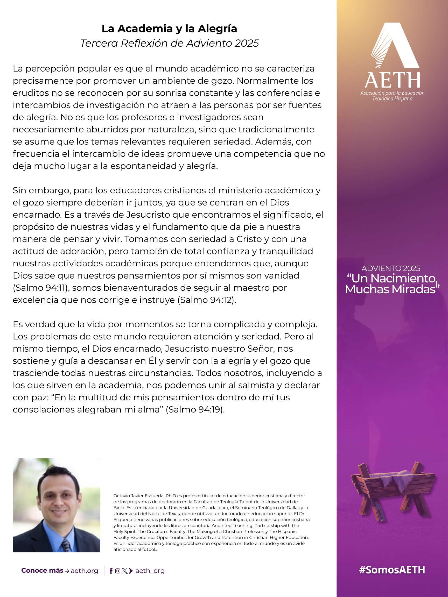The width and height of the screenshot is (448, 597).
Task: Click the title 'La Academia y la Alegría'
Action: coord(169,29)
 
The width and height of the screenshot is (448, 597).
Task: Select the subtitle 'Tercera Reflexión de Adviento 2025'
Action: coord(169,43)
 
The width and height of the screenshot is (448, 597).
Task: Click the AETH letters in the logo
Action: coord(392,80)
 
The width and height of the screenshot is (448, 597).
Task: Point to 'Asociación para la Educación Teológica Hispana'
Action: coord(392,96)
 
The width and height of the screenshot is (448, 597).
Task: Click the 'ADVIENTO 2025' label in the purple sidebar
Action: coord(391,268)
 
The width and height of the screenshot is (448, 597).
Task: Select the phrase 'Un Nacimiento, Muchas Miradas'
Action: coord(392,284)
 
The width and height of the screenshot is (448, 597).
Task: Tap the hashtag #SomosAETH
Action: coord(392,570)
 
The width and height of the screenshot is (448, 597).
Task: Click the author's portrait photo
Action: coord(57,505)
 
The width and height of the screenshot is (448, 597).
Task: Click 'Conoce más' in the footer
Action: coord(42,571)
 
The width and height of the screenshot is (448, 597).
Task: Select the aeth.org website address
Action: coord(85,571)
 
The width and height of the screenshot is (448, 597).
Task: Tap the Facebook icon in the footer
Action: coord(111,571)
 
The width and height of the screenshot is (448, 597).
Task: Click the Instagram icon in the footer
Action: coord(118,571)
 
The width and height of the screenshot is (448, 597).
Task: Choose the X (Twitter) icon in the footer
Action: coord(124,571)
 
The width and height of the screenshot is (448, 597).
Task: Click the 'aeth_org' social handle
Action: coord(150,571)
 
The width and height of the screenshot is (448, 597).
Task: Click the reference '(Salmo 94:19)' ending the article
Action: coord(195,409)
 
